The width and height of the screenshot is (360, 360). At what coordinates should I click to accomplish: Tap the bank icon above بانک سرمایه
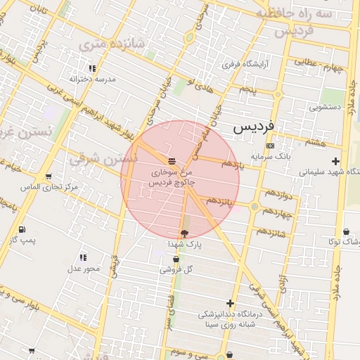(x=270, y=146)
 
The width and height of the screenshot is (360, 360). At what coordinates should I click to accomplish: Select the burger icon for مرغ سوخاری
(x=172, y=162)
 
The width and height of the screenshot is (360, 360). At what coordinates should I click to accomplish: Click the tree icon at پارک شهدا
(x=184, y=233)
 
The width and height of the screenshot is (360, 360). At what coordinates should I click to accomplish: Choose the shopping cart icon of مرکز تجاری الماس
(x=48, y=176)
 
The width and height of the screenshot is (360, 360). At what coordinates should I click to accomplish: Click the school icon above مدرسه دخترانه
(x=92, y=68)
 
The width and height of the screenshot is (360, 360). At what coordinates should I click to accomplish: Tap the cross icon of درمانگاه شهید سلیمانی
(x=335, y=161)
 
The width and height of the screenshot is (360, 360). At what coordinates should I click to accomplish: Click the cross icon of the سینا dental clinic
(x=229, y=303)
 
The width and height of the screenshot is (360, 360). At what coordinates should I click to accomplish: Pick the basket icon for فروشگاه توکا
(x=347, y=232)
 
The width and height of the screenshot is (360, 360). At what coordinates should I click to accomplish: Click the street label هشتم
(x=316, y=143)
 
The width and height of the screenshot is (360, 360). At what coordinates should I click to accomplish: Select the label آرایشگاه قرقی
(x=241, y=64)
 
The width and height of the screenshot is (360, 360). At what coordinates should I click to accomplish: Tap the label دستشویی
(x=325, y=108)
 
